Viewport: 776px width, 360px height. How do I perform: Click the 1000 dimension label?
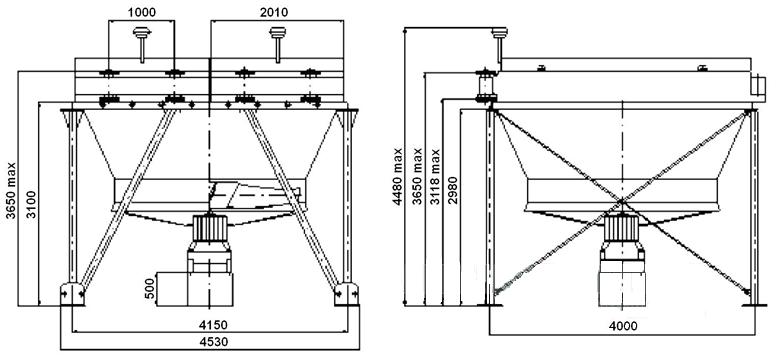[x=142, y=12]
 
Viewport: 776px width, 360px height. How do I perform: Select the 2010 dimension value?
[x=274, y=12]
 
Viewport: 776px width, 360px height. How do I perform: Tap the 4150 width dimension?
[x=213, y=325]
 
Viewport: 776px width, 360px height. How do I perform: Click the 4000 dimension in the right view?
[x=623, y=326]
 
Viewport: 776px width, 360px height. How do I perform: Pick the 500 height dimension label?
[x=150, y=288]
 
